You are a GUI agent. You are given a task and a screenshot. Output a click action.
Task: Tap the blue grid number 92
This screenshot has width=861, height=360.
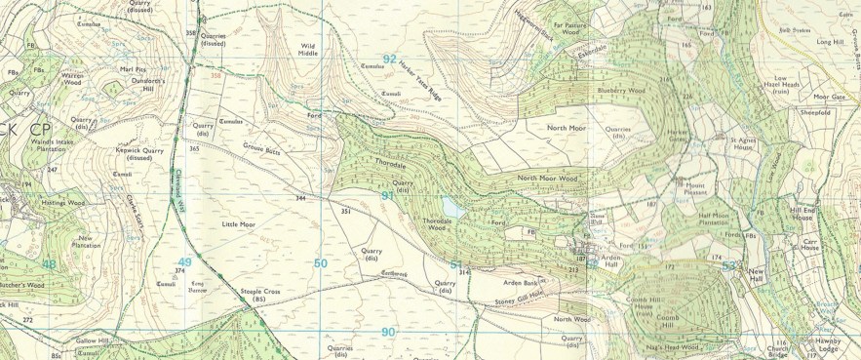click(x=390, y=59)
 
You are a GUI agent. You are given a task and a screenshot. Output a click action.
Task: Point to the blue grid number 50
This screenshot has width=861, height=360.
click(x=321, y=263)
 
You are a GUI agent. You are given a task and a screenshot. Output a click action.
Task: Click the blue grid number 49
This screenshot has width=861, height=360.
click(x=184, y=262)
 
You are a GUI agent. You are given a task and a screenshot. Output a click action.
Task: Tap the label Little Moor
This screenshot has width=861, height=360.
click(x=238, y=223)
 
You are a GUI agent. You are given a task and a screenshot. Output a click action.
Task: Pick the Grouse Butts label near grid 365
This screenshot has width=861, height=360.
click(x=260, y=149)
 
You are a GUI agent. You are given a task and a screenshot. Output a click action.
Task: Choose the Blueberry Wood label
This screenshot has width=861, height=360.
click(x=621, y=91)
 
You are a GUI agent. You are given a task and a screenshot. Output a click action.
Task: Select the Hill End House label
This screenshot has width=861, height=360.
click(x=802, y=213)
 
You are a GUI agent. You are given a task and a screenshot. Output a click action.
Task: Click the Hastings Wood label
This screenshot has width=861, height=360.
click(x=63, y=203)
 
